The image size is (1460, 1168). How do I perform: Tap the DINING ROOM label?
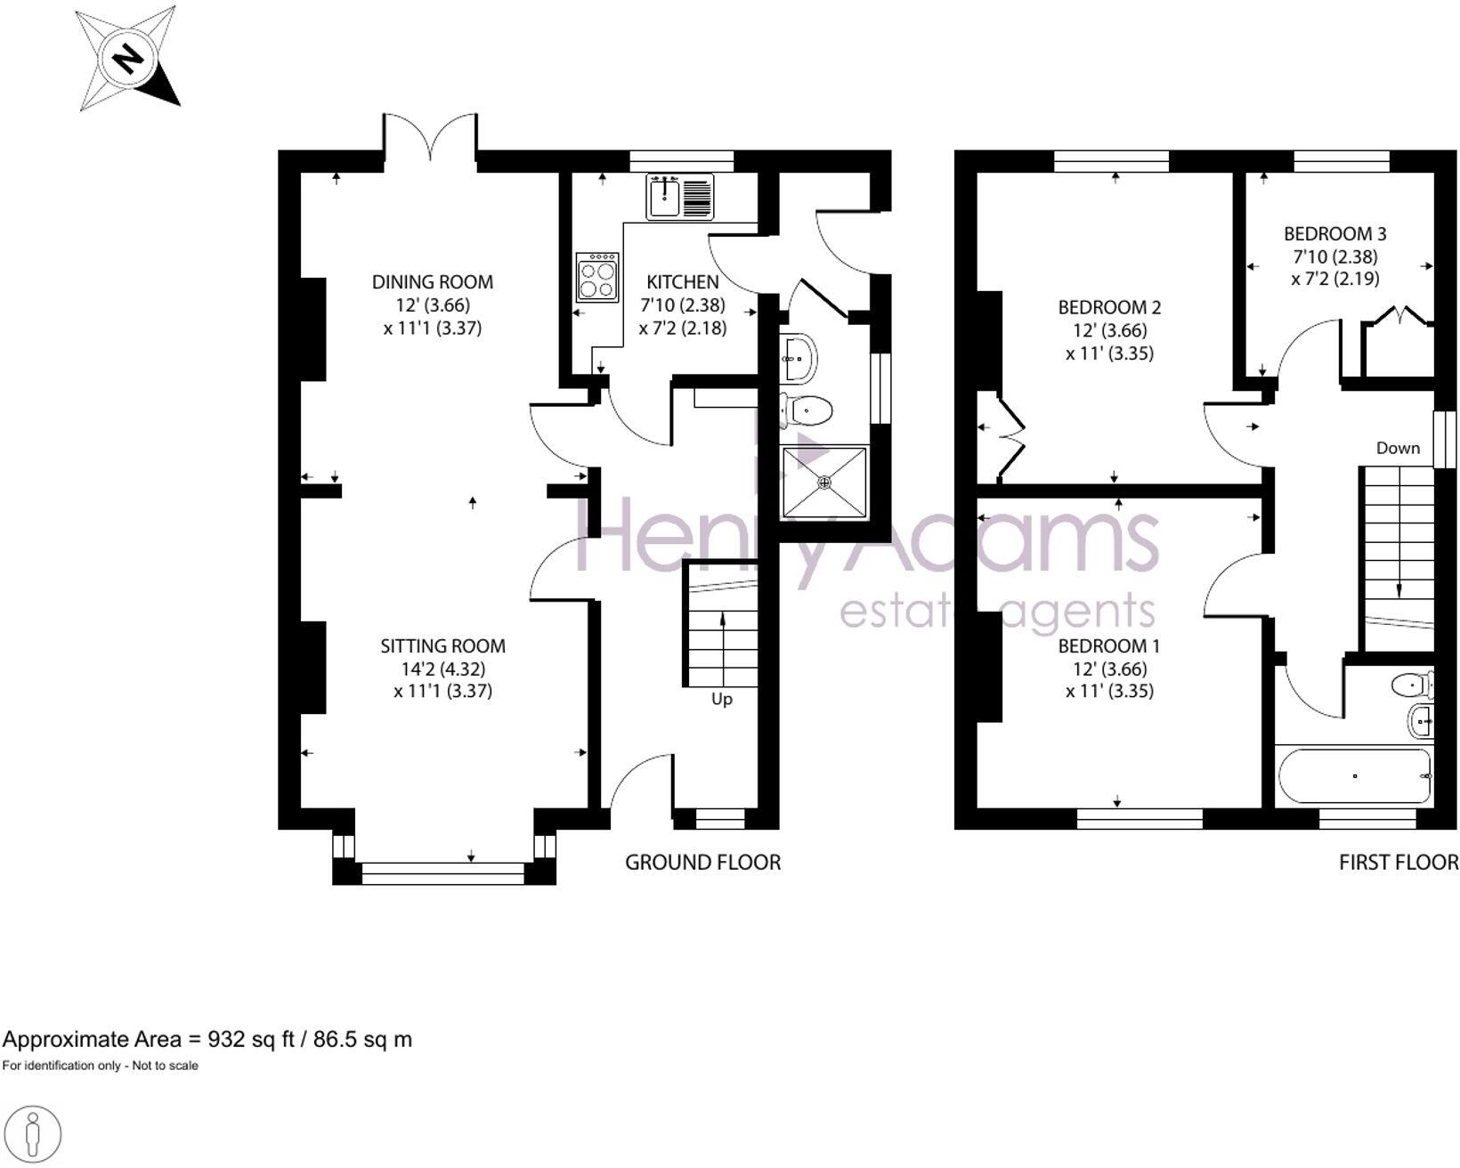point(432,282)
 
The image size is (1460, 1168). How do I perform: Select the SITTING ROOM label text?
point(442,646)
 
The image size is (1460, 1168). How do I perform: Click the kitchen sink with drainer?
point(680,196)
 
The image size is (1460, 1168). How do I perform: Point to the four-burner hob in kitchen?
point(597,277)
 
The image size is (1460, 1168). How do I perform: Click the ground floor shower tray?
point(823,483)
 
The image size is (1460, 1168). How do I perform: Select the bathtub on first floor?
point(1354,776)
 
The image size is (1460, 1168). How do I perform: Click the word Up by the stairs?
point(722,700)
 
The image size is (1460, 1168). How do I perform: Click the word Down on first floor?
point(1398,448)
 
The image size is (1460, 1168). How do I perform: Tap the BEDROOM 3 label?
point(1334,234)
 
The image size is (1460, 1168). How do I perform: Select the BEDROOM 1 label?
point(1108,646)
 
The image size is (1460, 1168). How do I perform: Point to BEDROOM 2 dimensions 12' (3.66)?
point(1108,330)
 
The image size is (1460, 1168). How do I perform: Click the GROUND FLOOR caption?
point(702,862)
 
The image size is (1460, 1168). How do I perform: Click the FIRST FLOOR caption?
point(1399,862)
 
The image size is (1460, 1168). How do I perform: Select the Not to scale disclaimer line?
point(100,1066)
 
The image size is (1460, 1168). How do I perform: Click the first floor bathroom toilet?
point(1412,685)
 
